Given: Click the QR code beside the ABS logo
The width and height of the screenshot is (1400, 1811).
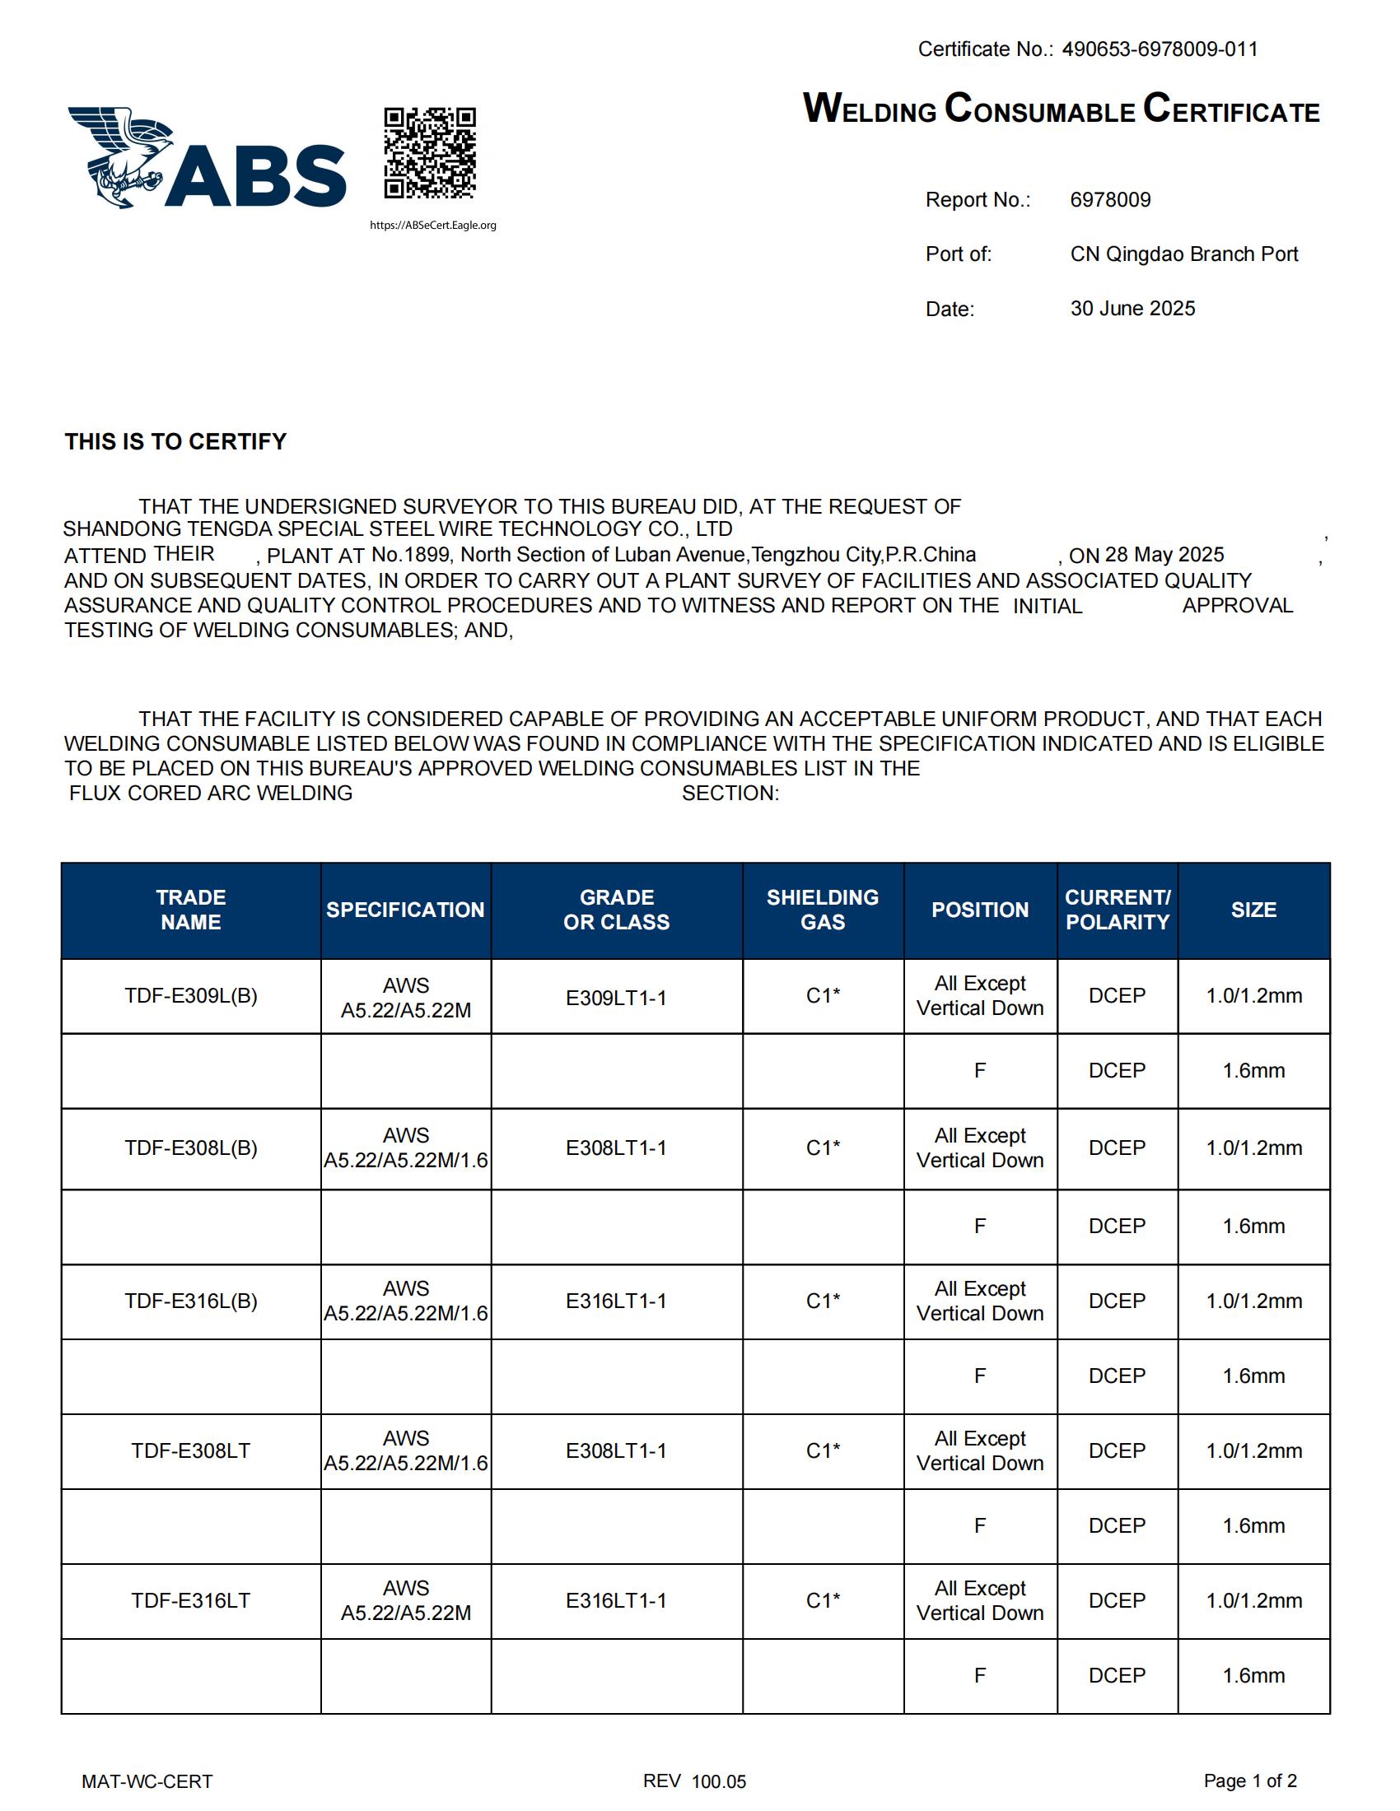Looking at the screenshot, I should click(430, 152).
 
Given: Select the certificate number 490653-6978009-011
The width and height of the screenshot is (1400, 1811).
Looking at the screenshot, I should click(1160, 49).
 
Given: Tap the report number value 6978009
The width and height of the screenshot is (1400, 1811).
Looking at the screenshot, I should click(1110, 200).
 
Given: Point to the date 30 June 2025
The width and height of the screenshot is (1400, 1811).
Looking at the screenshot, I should click(1132, 309).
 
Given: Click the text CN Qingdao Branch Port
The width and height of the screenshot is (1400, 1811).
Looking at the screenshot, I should click(1183, 254).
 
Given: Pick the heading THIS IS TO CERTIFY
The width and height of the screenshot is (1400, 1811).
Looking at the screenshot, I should click(176, 441).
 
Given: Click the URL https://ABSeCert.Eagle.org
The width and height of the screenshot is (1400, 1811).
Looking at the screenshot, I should click(433, 226).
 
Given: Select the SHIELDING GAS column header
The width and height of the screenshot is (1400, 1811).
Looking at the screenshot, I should click(822, 910).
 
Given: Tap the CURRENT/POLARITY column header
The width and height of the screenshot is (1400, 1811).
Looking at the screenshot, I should click(1118, 910).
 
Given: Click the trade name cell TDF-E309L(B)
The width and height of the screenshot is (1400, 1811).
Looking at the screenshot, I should click(191, 996).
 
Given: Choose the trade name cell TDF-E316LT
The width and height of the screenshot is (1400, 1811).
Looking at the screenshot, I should click(191, 1600).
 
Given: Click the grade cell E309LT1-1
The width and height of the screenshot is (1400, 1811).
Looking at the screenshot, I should click(616, 998).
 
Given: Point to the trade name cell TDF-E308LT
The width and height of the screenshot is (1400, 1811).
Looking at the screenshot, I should click(191, 1450).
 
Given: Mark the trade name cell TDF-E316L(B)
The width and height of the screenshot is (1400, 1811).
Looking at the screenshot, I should click(191, 1301).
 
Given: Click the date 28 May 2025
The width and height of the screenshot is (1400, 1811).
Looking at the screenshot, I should click(1164, 555).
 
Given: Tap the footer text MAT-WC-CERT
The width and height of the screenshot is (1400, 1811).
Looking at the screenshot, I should click(147, 1781).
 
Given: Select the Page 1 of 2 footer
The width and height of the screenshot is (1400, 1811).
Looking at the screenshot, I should click(1250, 1781).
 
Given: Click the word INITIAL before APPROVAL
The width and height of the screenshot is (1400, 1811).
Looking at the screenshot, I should click(1048, 606).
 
